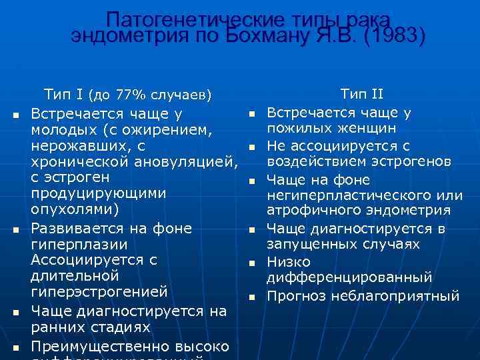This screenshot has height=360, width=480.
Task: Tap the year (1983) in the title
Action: pyautogui.click(x=393, y=35)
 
